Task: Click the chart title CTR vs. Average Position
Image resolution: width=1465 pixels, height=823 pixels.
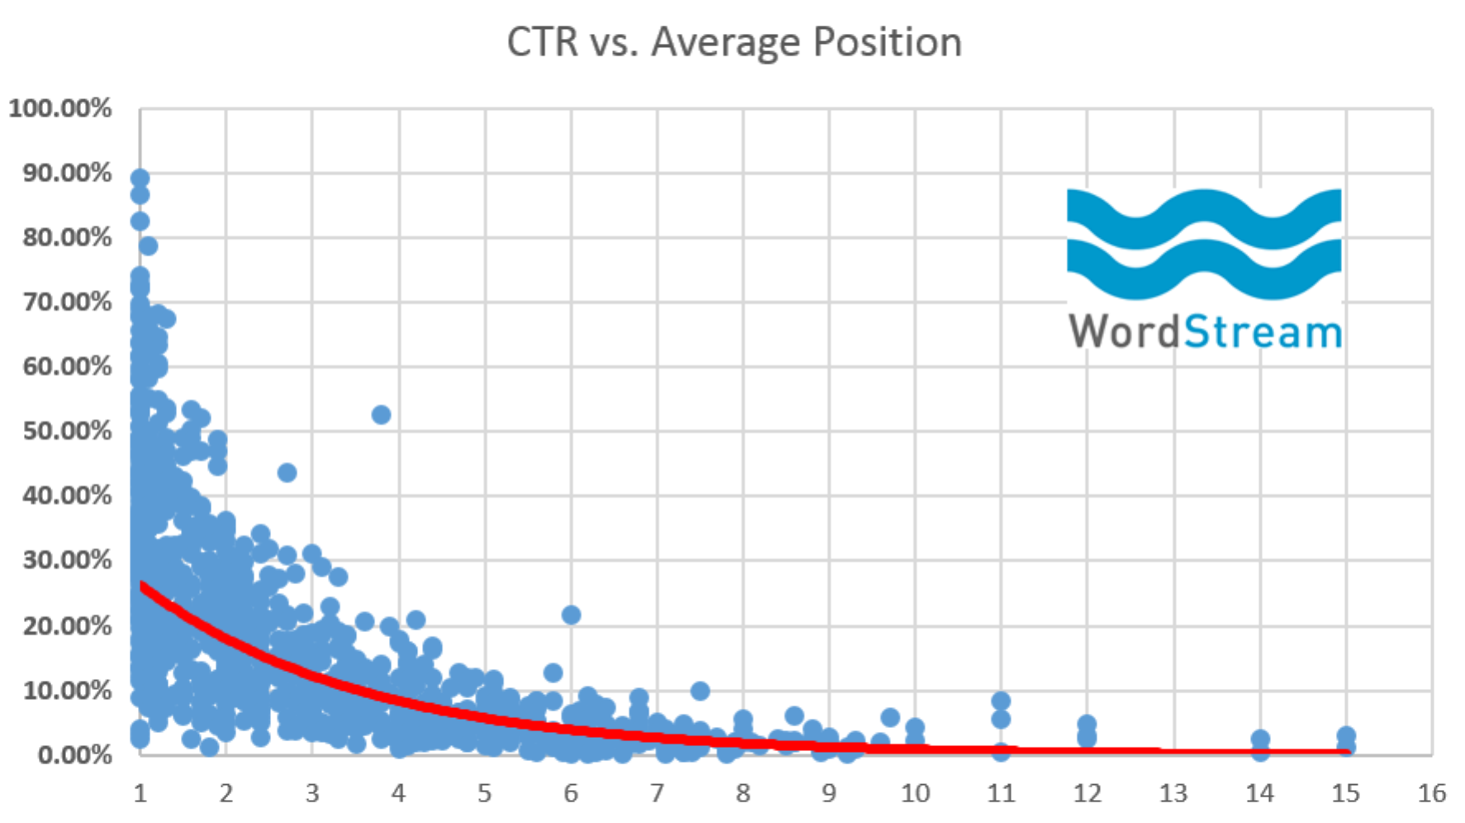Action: [x=733, y=41]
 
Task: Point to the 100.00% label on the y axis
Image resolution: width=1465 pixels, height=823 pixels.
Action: [x=59, y=108]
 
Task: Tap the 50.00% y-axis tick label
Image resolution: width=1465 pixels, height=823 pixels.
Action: [x=67, y=431]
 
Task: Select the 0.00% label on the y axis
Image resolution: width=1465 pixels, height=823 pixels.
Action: [x=74, y=754]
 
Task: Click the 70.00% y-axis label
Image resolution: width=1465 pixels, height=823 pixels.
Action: [x=67, y=302]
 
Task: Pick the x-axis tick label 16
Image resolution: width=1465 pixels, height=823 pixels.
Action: [x=1431, y=793]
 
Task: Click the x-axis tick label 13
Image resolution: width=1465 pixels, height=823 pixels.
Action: [x=1173, y=793]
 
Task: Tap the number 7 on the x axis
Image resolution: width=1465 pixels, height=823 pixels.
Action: [x=657, y=793]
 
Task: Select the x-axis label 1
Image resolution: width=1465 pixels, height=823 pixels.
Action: [x=140, y=793]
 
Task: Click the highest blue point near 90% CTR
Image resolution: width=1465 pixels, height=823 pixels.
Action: [x=140, y=178]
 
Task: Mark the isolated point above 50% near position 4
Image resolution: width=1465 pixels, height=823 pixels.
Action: [x=381, y=414]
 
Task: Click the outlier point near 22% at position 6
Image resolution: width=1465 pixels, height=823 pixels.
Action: [x=571, y=614]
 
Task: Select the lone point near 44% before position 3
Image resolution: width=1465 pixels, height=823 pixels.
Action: [x=287, y=473]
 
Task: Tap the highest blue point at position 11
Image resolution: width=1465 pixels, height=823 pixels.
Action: [x=1001, y=701]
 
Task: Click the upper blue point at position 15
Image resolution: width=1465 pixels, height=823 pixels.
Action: [x=1345, y=735]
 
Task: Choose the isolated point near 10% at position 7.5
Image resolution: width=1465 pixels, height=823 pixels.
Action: [x=699, y=690]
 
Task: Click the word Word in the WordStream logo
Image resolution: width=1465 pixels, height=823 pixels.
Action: [x=1125, y=331]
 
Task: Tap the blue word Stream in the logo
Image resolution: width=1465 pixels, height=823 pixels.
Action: [x=1263, y=331]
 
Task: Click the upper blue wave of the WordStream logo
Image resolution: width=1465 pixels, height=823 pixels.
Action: [x=1204, y=216]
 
